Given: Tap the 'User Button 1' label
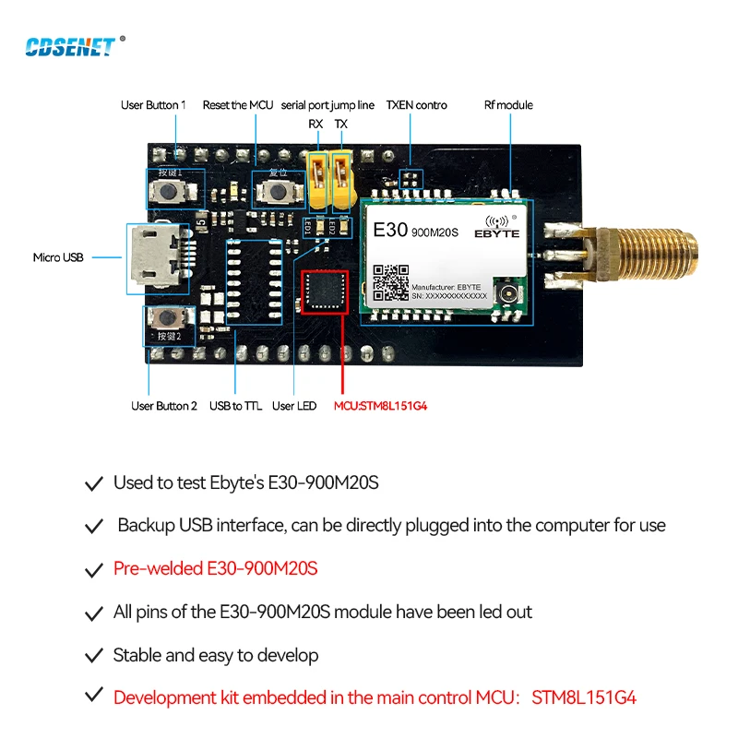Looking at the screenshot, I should (153, 105).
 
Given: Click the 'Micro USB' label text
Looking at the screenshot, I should (58, 257).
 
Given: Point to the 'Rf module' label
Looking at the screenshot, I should (508, 105).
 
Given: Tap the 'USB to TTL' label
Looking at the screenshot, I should (236, 406).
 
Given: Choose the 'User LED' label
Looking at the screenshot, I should (294, 406).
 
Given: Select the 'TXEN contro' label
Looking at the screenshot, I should (416, 105).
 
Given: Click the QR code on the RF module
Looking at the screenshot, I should (391, 282).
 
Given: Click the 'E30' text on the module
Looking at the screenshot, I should (389, 228).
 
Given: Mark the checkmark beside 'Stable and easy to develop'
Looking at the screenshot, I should (93, 656).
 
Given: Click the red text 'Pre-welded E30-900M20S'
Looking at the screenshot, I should (215, 568).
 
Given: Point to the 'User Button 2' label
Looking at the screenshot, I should (164, 406).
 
